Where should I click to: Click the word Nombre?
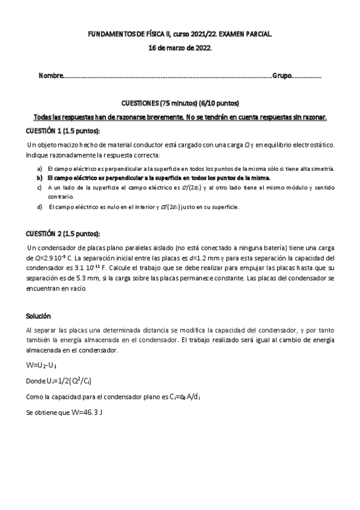[x=50, y=76]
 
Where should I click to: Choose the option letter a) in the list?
[x=40, y=168]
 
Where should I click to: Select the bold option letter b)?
[x=40, y=178]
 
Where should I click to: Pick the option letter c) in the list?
[x=40, y=188]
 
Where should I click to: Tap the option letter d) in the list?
[x=40, y=207]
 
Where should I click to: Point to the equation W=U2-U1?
[x=41, y=365]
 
